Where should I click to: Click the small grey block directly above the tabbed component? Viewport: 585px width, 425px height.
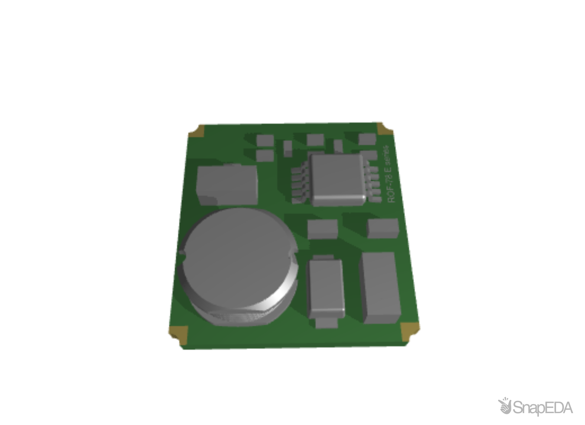click(323, 229)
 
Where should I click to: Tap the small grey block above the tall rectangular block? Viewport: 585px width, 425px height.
click(383, 228)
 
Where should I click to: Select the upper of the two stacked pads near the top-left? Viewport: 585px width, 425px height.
click(265, 140)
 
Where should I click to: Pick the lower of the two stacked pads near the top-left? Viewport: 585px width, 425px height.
click(265, 155)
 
